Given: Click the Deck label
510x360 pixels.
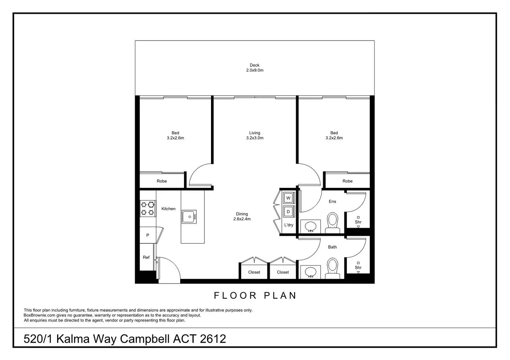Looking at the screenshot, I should [x=254, y=65].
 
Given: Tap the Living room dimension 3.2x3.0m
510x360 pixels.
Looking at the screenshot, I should [x=254, y=138].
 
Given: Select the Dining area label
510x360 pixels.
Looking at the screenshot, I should [x=242, y=214].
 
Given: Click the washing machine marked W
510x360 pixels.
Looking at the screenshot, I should [x=288, y=198].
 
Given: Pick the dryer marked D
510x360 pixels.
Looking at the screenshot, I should [x=288, y=211].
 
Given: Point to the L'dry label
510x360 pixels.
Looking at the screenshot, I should [x=289, y=225].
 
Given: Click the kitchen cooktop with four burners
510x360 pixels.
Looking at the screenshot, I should [x=148, y=209].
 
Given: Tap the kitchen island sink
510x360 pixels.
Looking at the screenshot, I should [x=189, y=217].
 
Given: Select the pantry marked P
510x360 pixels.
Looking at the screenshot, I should [x=148, y=235].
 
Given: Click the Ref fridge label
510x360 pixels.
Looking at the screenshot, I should [x=146, y=257].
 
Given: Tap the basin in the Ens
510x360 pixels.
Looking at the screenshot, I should [x=310, y=227].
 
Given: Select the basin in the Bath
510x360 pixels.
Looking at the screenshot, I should [x=310, y=272].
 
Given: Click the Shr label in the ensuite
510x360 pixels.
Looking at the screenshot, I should [x=358, y=222].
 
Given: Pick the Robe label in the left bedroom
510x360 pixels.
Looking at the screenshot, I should [x=162, y=181].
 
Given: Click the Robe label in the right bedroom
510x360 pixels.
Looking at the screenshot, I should [x=348, y=181].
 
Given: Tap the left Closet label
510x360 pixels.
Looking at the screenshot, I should [x=254, y=272].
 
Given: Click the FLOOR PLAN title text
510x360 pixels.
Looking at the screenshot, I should [x=255, y=296].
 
